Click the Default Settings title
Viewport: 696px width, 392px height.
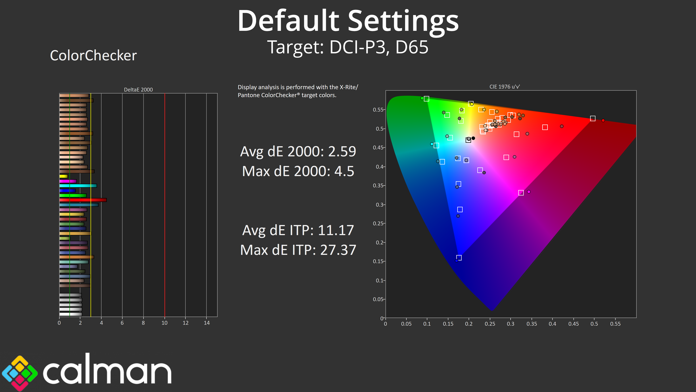point(348,21)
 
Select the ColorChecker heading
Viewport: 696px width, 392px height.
point(94,56)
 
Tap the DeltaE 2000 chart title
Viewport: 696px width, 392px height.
point(138,89)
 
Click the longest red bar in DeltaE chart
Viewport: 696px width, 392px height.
point(83,200)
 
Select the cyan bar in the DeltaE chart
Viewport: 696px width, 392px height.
point(78,186)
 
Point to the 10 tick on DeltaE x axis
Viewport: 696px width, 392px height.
point(165,323)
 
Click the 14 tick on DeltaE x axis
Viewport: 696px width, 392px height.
point(207,323)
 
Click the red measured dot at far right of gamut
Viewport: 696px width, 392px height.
point(603,120)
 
